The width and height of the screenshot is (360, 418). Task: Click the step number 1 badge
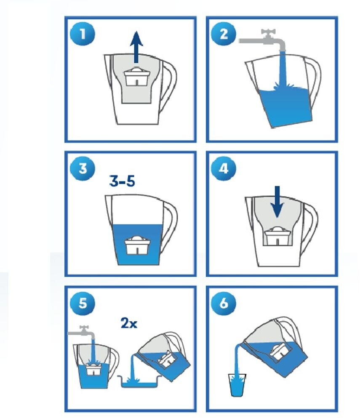tap(83, 35)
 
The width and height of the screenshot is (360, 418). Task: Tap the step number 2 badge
tap(224, 35)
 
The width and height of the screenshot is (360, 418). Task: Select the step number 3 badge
tap(83, 168)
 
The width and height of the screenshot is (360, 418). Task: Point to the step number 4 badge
tap(224, 168)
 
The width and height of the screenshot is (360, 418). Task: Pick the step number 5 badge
tap(83, 303)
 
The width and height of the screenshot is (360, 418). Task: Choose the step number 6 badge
tap(224, 303)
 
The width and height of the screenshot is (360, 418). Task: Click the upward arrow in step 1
tap(136, 47)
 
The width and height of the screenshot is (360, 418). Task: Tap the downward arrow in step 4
tap(277, 202)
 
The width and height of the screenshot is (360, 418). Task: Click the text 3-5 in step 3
tap(122, 181)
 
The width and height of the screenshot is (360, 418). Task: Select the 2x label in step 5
tap(129, 323)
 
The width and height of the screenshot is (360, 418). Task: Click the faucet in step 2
tap(263, 40)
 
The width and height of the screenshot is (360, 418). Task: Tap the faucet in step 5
tap(82, 332)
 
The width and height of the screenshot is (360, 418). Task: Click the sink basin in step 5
tap(140, 381)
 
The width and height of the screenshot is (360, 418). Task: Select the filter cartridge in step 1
tap(136, 77)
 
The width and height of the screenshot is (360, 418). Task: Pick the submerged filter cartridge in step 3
tap(136, 245)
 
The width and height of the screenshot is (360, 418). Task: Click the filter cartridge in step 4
tap(277, 236)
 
